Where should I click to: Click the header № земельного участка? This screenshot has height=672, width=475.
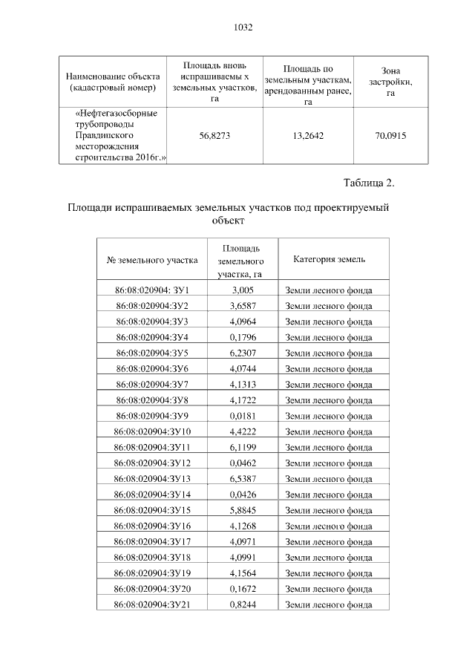pos(153,261)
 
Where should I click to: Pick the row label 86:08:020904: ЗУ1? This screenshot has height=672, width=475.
pos(153,290)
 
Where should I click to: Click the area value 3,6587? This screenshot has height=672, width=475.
pos(243,306)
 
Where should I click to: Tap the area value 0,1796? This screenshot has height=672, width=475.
pos(243,337)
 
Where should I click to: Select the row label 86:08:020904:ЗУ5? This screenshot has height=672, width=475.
pos(153,353)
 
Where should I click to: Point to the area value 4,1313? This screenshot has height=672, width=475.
pos(243,384)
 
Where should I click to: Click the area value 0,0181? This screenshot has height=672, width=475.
pos(243,416)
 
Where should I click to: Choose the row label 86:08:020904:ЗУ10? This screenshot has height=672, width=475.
pos(153,431)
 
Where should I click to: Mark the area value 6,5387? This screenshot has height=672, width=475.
pos(243,478)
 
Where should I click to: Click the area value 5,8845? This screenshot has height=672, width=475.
pos(243,510)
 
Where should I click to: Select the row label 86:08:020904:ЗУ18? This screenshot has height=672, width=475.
pos(153,557)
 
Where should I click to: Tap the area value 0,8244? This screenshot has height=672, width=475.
pos(243,604)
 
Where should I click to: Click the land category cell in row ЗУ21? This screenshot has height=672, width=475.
pos(329,604)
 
